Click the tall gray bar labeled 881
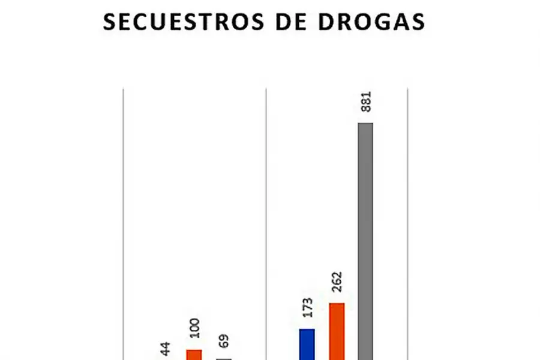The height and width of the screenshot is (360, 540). (x=365, y=240)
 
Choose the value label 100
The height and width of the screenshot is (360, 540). (x=194, y=329)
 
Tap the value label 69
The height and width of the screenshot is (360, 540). (x=223, y=343)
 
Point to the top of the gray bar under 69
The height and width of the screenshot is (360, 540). (x=223, y=358)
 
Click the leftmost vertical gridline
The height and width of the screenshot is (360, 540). (x=124, y=222)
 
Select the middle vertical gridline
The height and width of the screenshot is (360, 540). (x=266, y=222)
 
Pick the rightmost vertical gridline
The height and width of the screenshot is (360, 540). (x=408, y=222)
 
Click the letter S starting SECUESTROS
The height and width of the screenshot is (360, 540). (x=110, y=22)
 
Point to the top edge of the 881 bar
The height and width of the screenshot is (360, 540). (x=365, y=124)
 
